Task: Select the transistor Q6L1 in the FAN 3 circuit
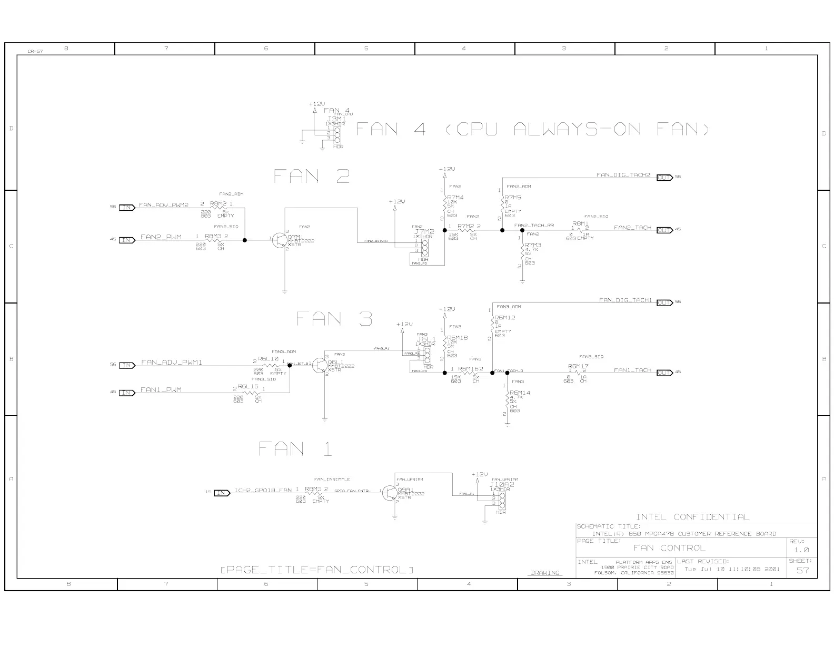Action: tap(320, 365)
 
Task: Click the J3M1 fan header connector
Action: tap(336, 134)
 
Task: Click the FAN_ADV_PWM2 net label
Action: tap(164, 206)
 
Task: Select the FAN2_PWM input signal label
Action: tap(161, 238)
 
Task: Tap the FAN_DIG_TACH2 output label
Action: tap(623, 175)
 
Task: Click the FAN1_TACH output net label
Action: tap(632, 370)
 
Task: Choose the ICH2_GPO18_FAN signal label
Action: tap(263, 490)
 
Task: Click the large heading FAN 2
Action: tap(312, 176)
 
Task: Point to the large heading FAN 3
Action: tap(334, 319)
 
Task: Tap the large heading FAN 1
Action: tap(295, 449)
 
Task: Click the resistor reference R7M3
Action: tap(533, 245)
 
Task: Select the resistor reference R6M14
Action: tap(520, 393)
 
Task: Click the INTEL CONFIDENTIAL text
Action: tap(692, 517)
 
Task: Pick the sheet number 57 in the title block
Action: tap(802, 570)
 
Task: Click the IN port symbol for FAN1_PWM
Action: tap(127, 393)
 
